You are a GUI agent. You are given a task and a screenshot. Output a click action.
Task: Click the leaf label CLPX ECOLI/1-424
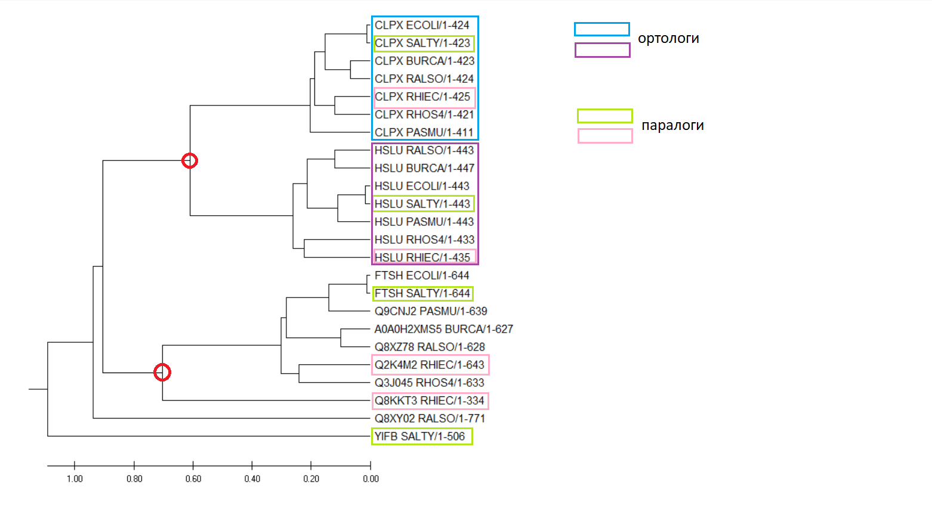point(421,26)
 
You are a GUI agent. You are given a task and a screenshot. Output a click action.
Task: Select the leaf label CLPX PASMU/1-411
point(424,132)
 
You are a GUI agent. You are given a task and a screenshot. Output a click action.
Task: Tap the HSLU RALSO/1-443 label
point(424,150)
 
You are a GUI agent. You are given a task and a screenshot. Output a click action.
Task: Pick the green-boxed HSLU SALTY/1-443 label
point(422,204)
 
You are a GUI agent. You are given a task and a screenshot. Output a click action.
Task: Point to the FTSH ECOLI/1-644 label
point(421,275)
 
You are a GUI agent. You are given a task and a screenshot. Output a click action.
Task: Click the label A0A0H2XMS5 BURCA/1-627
point(443,329)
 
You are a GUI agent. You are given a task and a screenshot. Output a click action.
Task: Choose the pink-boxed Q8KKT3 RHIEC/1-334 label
point(430,401)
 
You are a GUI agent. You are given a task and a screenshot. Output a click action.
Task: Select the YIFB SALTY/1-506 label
point(419,436)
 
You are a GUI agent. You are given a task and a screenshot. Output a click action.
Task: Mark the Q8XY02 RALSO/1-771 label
point(430,418)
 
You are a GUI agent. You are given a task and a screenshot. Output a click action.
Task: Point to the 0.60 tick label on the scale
point(193,479)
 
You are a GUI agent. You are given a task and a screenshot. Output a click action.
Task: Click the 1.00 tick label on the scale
point(75,479)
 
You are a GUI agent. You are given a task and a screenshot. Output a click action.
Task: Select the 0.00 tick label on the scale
point(371,479)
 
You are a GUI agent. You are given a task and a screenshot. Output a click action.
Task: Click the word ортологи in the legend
point(668,39)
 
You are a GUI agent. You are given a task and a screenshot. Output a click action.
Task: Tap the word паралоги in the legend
point(672,125)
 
